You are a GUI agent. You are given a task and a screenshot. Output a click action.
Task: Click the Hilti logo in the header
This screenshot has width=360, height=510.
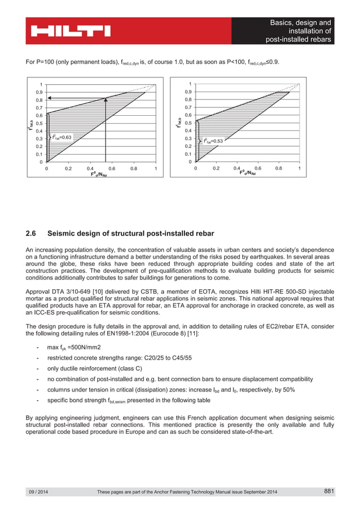tap(71, 30)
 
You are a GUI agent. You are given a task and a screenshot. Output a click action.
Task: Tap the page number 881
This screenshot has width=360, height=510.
tap(330, 491)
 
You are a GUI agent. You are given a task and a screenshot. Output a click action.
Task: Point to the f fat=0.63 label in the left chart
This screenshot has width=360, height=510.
tap(62, 137)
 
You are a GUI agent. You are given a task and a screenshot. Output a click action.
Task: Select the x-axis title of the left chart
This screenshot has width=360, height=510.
tap(102, 175)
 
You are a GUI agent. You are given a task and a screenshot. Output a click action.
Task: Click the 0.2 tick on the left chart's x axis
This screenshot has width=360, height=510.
tap(68, 168)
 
